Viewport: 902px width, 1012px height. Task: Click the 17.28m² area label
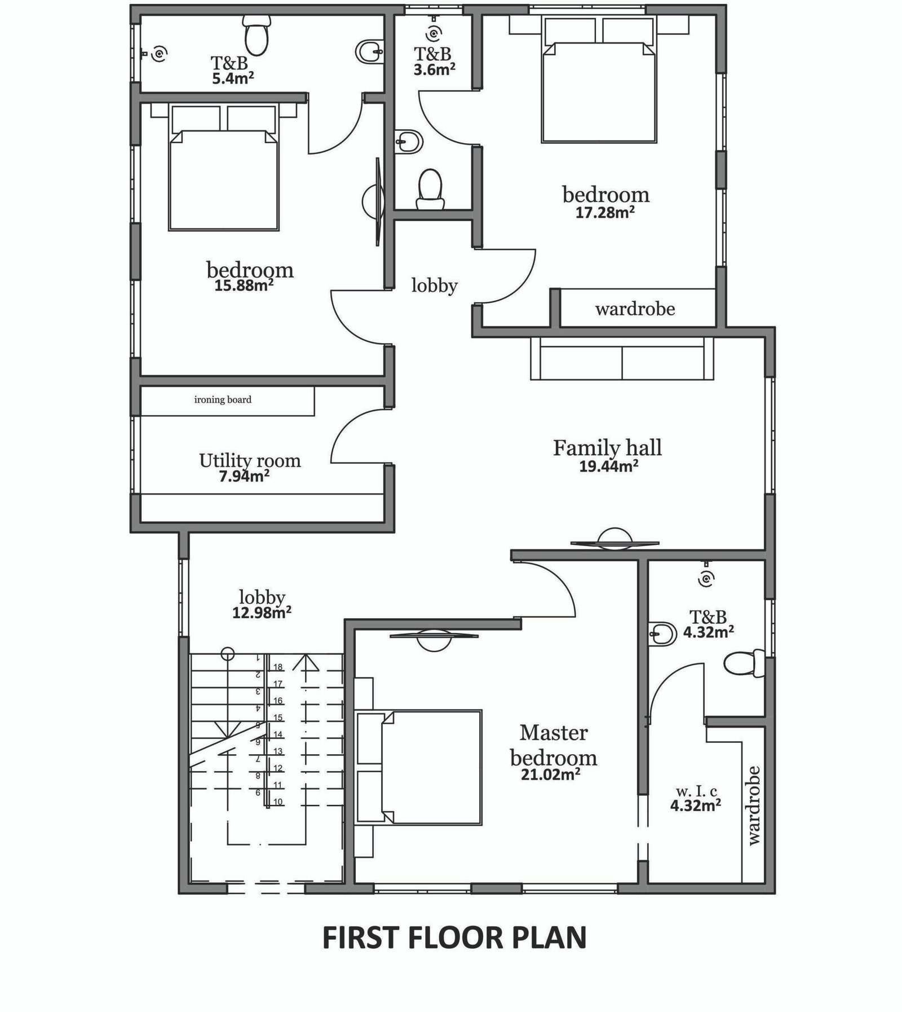click(x=605, y=212)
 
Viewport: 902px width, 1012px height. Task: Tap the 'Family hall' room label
click(x=607, y=448)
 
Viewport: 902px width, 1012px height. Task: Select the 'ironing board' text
click(x=223, y=400)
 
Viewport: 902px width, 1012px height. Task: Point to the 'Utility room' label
click(x=250, y=461)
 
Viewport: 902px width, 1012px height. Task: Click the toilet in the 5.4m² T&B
click(x=257, y=32)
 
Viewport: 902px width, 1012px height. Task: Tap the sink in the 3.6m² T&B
click(x=408, y=141)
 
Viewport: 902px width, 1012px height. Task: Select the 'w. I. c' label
click(x=696, y=791)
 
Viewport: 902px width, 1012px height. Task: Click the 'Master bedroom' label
click(x=554, y=745)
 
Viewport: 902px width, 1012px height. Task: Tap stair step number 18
click(x=277, y=667)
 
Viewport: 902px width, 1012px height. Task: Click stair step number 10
click(x=277, y=802)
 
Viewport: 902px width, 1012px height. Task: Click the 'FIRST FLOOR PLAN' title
click(x=454, y=938)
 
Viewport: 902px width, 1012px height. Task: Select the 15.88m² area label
click(x=244, y=285)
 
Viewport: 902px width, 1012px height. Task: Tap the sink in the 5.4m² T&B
click(x=370, y=52)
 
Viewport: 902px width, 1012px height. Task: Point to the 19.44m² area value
click(x=609, y=466)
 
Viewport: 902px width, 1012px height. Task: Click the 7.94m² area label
click(x=244, y=476)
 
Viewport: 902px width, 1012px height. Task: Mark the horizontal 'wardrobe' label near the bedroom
click(x=635, y=309)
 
